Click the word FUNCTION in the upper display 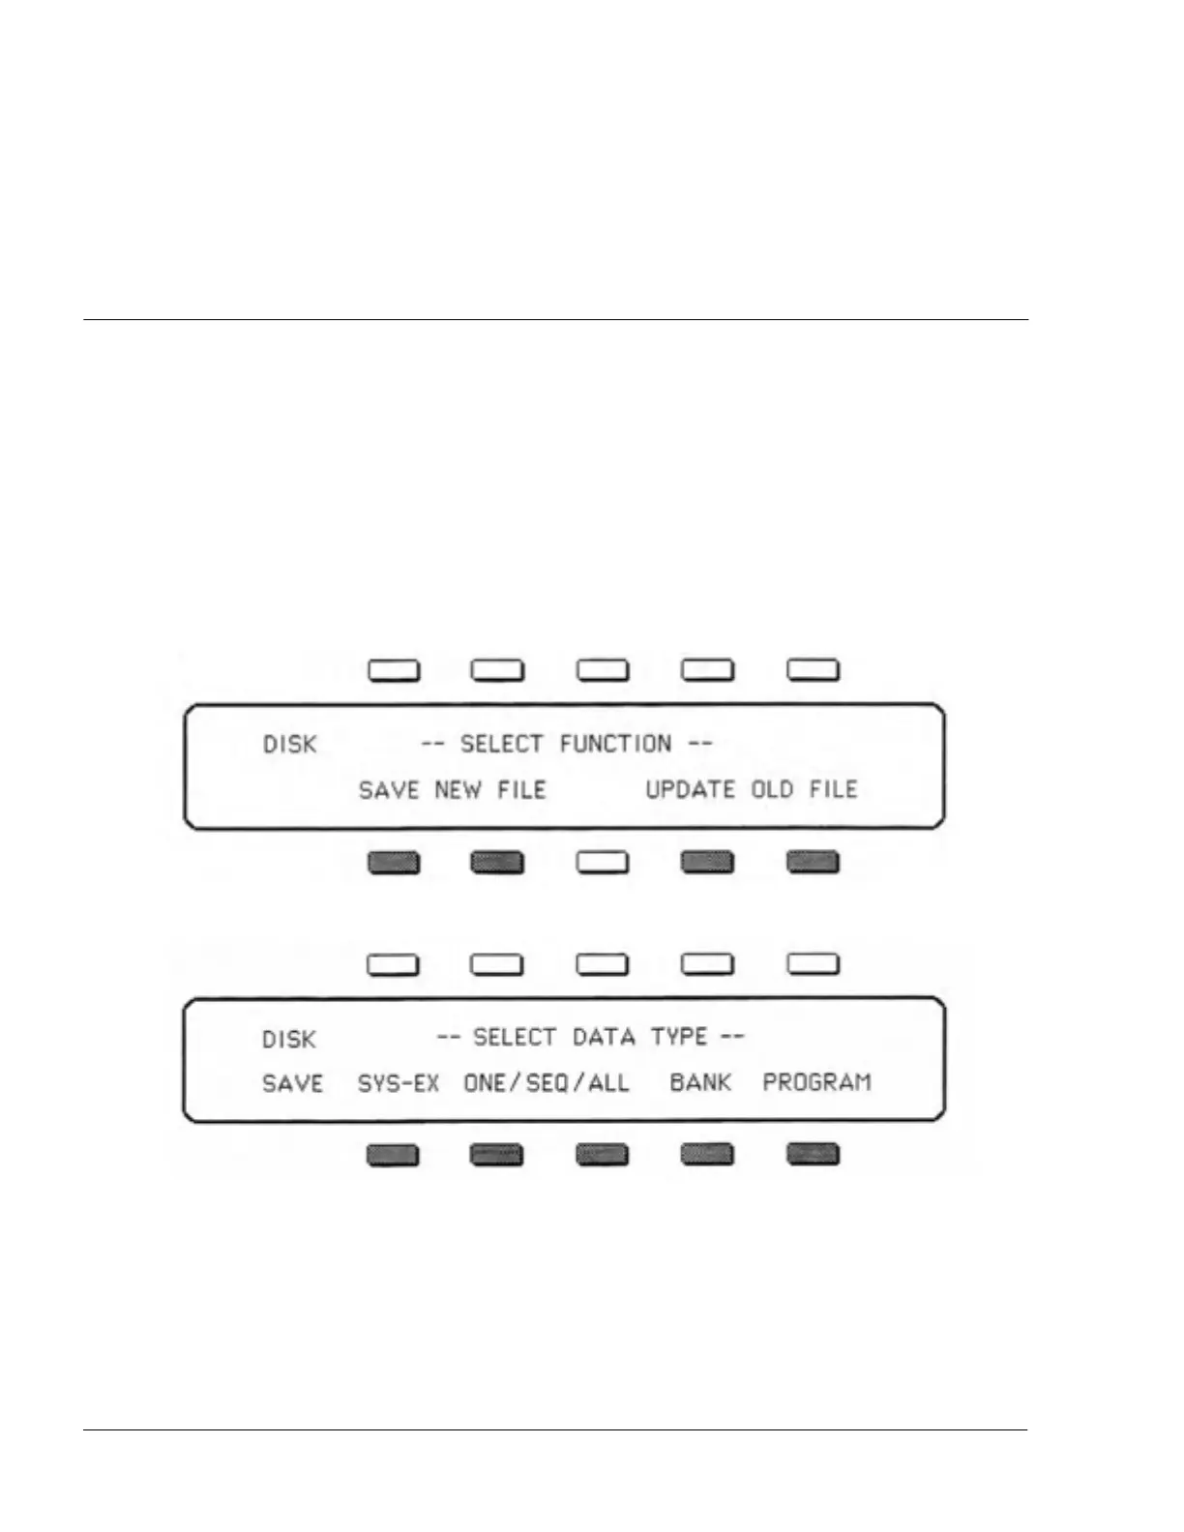[615, 744]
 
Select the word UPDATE [690, 789]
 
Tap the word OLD [772, 789]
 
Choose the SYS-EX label [398, 1083]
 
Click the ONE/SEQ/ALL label [546, 1083]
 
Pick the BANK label [700, 1082]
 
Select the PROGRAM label [816, 1082]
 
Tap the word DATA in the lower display [604, 1038]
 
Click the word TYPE [679, 1038]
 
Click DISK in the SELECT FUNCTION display [289, 745]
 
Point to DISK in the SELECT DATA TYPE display [288, 1040]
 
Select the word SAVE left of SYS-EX [292, 1083]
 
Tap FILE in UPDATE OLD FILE [833, 789]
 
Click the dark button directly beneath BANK [707, 1154]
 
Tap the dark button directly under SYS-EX [393, 1155]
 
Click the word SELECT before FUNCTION [501, 744]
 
